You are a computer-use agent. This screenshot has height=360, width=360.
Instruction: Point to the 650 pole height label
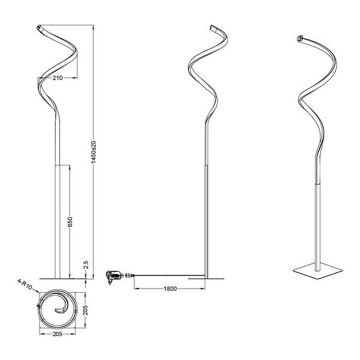pyautogui.click(x=70, y=222)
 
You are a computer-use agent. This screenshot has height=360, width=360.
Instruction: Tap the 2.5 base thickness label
pyautogui.click(x=86, y=264)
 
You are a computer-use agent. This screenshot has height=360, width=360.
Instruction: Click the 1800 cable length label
pyautogui.click(x=170, y=290)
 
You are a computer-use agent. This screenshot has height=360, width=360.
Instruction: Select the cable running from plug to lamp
pyautogui.click(x=162, y=277)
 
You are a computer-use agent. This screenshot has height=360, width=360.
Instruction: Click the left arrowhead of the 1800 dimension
pyautogui.click(x=136, y=289)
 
